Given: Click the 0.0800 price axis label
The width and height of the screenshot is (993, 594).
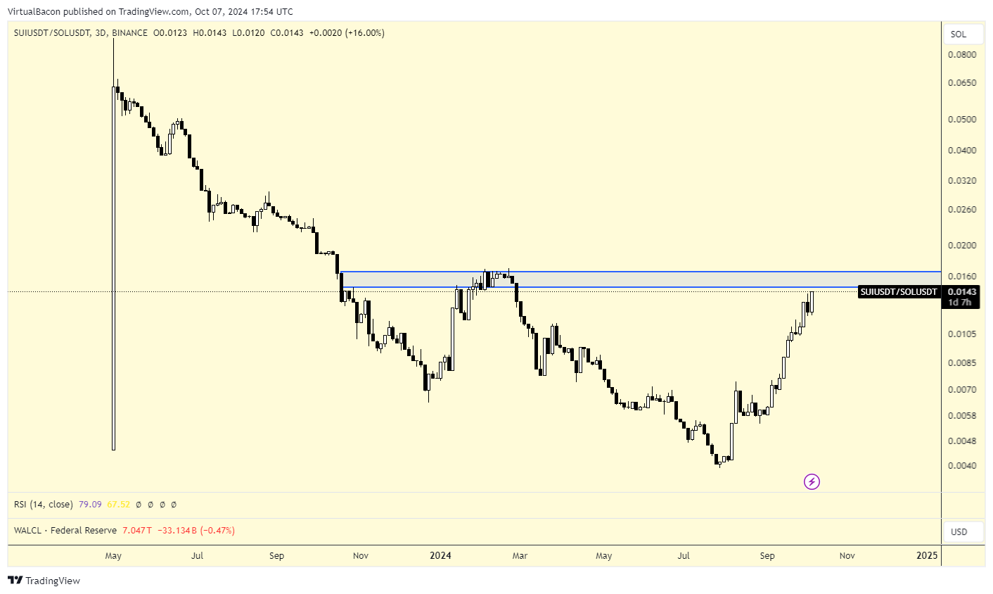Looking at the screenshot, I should click(x=961, y=55).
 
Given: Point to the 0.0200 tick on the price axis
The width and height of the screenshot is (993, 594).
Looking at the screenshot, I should click(x=961, y=246).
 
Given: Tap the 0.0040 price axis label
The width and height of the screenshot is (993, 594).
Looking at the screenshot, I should click(x=961, y=466).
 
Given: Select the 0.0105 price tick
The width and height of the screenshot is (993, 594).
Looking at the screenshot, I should click(x=961, y=334).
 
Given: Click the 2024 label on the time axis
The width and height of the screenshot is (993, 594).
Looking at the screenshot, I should click(x=440, y=556).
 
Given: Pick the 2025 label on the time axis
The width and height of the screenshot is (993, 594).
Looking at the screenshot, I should click(x=927, y=556).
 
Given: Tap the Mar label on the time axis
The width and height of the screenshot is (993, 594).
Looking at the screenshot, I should click(x=520, y=556).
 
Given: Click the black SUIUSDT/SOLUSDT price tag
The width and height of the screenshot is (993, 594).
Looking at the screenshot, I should click(x=899, y=292).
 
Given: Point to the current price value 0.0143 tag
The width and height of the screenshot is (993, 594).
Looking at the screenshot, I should click(x=961, y=292).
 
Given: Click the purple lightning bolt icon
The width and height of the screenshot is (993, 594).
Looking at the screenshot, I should click(x=812, y=482).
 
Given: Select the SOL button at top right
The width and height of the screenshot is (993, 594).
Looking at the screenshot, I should click(x=959, y=34).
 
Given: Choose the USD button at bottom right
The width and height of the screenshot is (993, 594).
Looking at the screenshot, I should click(x=959, y=532).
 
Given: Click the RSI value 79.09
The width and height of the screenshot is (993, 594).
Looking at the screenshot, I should click(x=90, y=505).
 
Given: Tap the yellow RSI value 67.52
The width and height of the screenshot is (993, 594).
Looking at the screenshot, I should click(x=118, y=505).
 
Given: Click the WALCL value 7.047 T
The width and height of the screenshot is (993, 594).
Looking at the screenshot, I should click(x=137, y=531).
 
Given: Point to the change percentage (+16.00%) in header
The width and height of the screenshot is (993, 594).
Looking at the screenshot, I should click(x=364, y=33).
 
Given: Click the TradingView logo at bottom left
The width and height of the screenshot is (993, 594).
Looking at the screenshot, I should click(x=44, y=581).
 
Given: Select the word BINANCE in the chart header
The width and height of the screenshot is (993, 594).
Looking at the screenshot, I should click(x=129, y=33).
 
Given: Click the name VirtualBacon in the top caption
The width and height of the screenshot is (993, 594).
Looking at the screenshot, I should click(x=33, y=12).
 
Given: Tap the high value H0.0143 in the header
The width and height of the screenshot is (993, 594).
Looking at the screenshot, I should click(x=210, y=33).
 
